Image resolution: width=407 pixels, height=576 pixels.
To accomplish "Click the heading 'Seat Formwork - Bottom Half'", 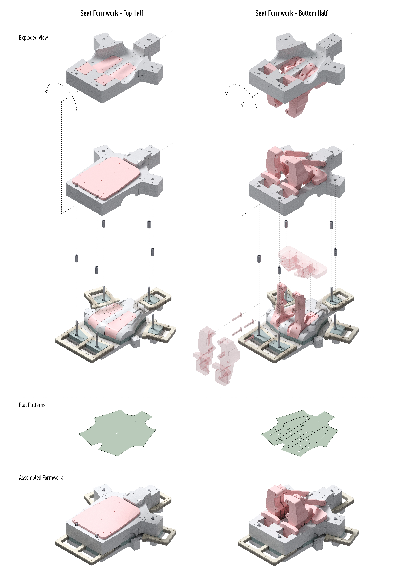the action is pyautogui.click(x=291, y=13).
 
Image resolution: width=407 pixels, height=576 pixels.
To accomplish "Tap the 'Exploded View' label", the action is pyautogui.click(x=33, y=38).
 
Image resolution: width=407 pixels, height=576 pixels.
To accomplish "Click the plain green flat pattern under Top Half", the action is pyautogui.click(x=117, y=433).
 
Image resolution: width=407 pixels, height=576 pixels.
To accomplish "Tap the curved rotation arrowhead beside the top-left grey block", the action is pyautogui.click(x=46, y=91).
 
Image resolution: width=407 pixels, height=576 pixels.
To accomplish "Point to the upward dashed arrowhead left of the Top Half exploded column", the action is pyautogui.click(x=61, y=102).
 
